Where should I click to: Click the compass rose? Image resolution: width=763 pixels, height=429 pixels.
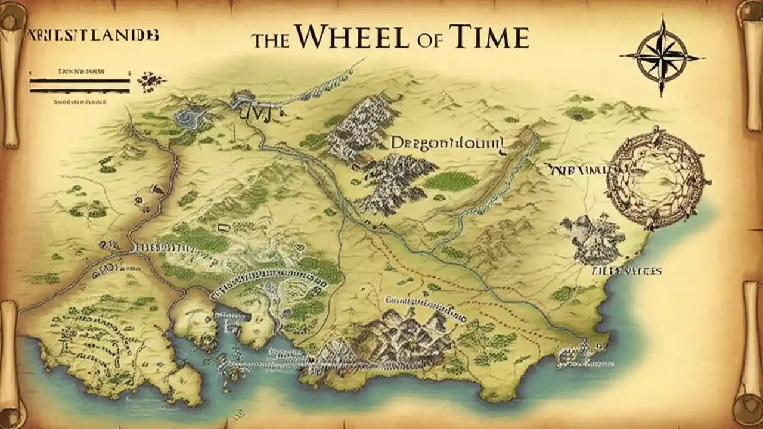pos(662,56)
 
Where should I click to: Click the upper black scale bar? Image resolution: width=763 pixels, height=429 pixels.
pos(79,80)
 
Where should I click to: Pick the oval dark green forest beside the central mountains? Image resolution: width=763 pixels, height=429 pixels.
pos(451,181)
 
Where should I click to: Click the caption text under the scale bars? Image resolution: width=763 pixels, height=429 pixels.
pos(79,102)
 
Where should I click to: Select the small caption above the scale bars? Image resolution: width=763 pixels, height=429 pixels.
pos(80,70)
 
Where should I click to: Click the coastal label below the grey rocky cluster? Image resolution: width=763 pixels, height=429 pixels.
pos(626,271)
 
